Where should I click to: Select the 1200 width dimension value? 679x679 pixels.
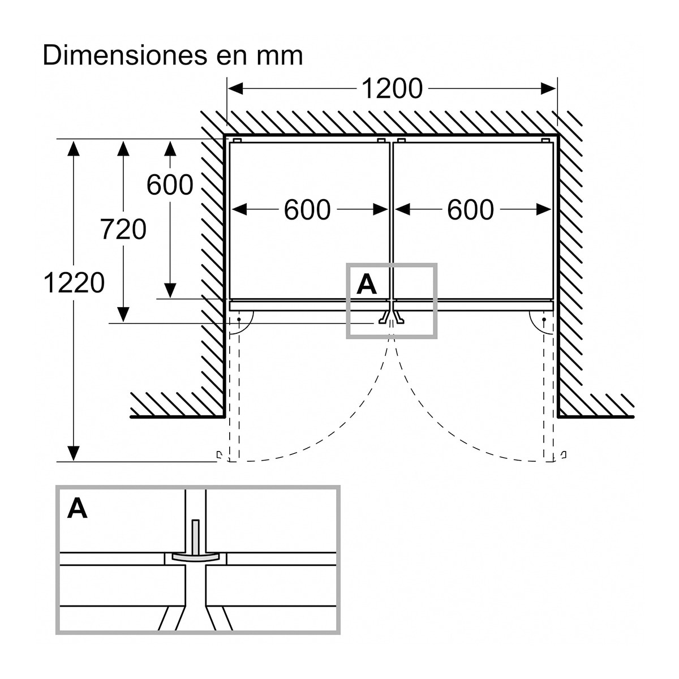pyautogui.click(x=392, y=89)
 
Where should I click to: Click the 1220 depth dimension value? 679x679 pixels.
pyautogui.click(x=74, y=283)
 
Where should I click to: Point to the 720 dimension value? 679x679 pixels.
pyautogui.click(x=123, y=229)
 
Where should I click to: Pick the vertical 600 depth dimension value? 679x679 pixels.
pyautogui.click(x=170, y=185)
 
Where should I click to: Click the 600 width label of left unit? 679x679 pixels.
pyautogui.click(x=307, y=210)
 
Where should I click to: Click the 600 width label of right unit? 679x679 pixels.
pyautogui.click(x=470, y=210)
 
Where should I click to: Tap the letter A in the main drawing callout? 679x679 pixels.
pyautogui.click(x=367, y=285)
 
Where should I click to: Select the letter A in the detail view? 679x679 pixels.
pyautogui.click(x=77, y=509)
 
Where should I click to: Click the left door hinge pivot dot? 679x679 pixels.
pyautogui.click(x=239, y=319)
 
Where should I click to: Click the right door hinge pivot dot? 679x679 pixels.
pyautogui.click(x=544, y=319)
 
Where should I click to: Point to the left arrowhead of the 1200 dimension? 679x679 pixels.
pyautogui.click(x=235, y=89)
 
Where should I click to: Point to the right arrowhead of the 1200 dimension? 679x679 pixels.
pyautogui.click(x=549, y=89)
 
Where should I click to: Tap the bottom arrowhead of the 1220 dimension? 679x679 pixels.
pyautogui.click(x=74, y=453)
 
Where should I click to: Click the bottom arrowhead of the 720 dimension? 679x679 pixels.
pyautogui.click(x=123, y=314)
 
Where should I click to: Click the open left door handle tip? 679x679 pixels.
pyautogui.click(x=218, y=455)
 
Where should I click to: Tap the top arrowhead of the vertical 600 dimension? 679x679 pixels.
pyautogui.click(x=170, y=148)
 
